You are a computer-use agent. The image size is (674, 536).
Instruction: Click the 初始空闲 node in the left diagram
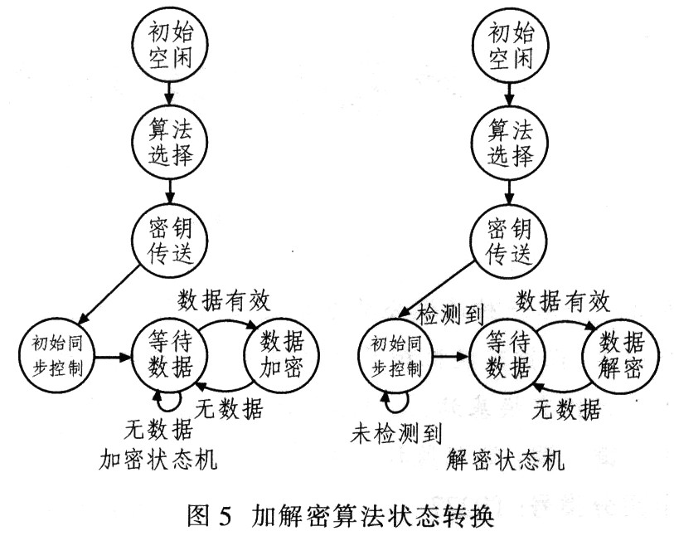coord(170,45)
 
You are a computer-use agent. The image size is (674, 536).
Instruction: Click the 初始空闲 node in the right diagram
coord(510,45)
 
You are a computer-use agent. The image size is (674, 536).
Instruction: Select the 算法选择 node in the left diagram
coord(170,143)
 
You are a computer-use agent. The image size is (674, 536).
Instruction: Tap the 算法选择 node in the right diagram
coord(510,143)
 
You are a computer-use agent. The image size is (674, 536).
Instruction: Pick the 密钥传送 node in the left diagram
coord(170,241)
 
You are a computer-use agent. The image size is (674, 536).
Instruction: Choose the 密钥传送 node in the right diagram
coord(510,241)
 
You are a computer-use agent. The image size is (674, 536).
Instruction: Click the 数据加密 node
coord(282,356)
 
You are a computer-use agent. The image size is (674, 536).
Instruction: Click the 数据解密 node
coord(620,356)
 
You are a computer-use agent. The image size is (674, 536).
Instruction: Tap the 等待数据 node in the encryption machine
coord(170,356)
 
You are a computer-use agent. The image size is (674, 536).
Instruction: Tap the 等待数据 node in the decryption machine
coord(507,356)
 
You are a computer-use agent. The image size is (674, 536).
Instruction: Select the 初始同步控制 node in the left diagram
coord(56,356)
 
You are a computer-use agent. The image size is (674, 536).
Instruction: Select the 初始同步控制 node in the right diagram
coord(395,356)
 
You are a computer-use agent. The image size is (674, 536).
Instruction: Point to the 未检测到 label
coord(396,433)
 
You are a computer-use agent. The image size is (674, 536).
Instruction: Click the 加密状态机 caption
coord(158,460)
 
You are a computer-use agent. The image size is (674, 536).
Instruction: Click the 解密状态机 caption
coord(505,460)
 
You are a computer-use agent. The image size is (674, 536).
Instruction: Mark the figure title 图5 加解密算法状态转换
coord(341,516)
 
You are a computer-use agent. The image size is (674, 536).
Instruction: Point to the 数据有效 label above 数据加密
coord(224,300)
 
